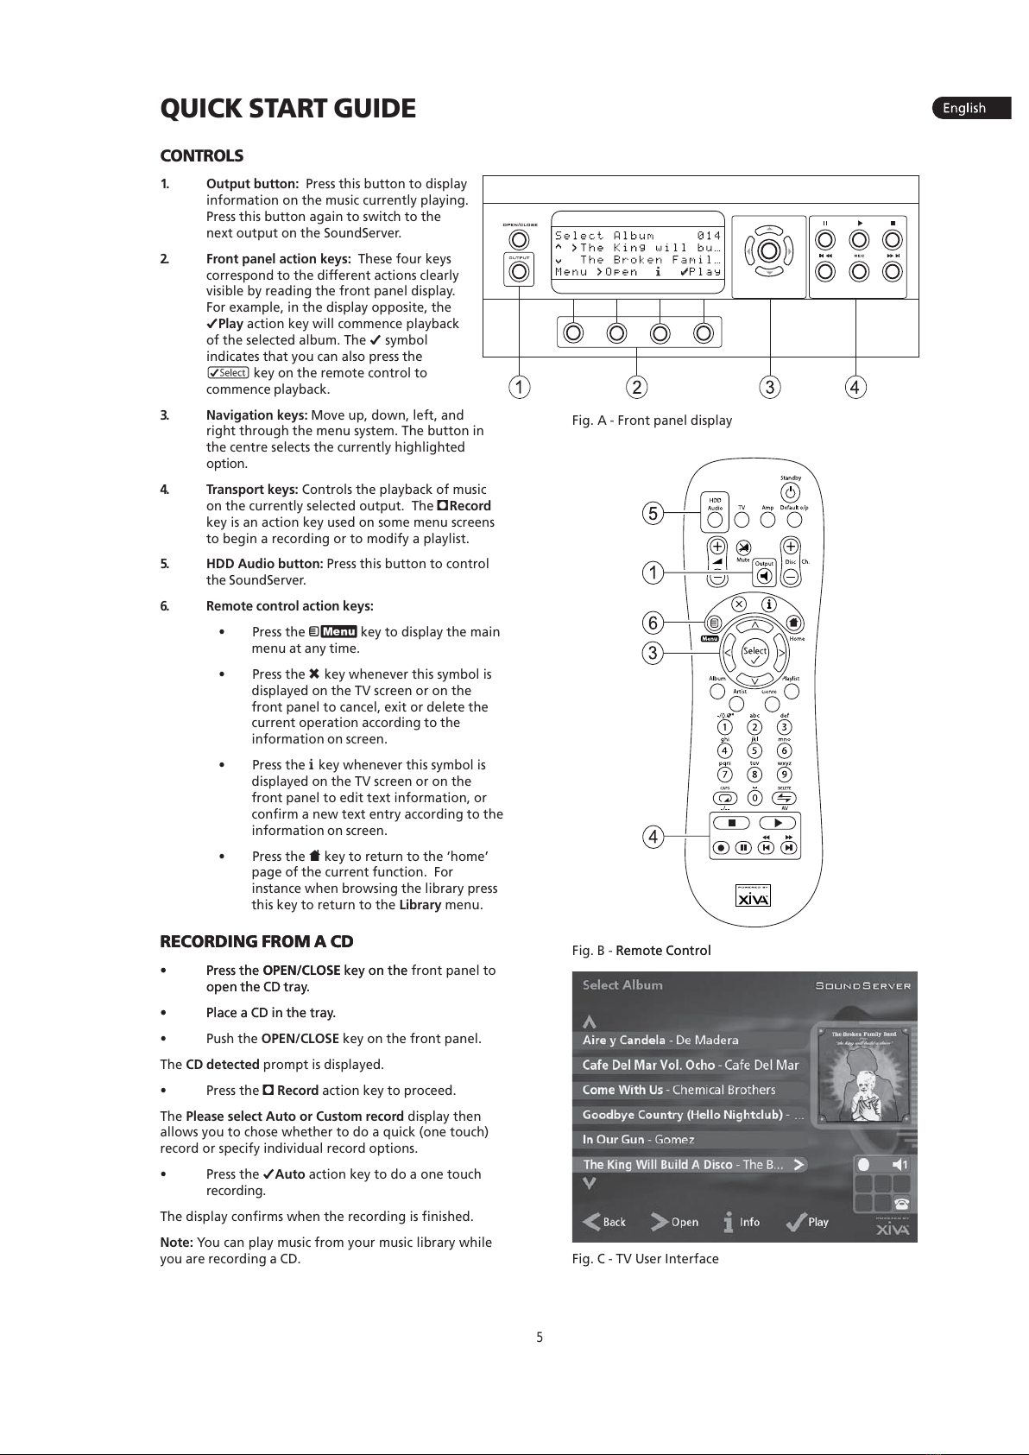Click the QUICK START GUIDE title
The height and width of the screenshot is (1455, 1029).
(287, 109)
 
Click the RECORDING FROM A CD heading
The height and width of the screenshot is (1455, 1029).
(256, 941)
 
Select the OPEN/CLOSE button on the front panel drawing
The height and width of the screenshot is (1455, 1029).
(519, 240)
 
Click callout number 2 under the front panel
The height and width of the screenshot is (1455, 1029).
(636, 388)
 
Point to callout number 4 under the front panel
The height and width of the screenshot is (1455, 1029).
(855, 388)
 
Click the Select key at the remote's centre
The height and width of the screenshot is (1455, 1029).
(754, 653)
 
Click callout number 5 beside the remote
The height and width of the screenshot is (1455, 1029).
(653, 514)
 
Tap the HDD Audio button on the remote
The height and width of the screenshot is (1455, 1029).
(715, 520)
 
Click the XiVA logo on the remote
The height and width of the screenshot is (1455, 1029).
(753, 898)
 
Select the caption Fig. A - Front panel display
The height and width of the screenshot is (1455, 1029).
(652, 421)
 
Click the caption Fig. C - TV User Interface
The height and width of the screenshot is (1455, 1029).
(645, 1259)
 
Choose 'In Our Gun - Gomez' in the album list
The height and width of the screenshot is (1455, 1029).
(638, 1140)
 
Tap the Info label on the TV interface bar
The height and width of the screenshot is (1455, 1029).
(748, 1222)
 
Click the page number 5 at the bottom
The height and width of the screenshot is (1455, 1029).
(540, 1338)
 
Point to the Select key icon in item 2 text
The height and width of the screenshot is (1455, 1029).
(229, 373)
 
